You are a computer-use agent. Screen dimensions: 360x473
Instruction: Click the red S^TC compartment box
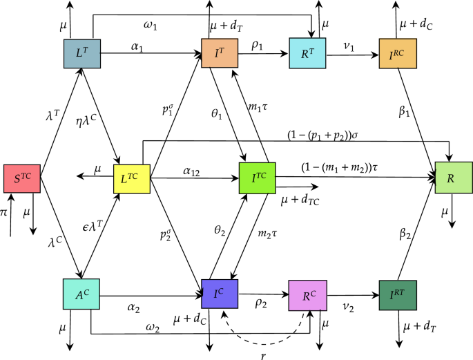pyautogui.click(x=22, y=178)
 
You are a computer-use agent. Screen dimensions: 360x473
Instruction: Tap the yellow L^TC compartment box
pyautogui.click(x=131, y=178)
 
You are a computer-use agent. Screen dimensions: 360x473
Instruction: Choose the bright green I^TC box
pyautogui.click(x=256, y=178)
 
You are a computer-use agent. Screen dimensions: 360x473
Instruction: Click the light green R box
pyautogui.click(x=452, y=178)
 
